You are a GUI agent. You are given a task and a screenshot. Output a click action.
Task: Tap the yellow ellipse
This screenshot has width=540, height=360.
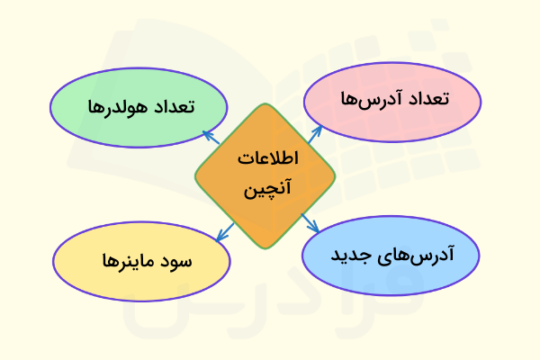click(x=140, y=261)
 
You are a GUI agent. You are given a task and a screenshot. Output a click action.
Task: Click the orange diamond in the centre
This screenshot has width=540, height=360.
click(x=265, y=175)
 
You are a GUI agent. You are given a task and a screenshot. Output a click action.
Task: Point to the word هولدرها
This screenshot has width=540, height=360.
click(x=112, y=107)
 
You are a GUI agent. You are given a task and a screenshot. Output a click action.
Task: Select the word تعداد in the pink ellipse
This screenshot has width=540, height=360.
click(x=428, y=98)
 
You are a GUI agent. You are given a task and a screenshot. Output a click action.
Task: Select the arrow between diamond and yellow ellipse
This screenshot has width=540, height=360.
click(x=223, y=231)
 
